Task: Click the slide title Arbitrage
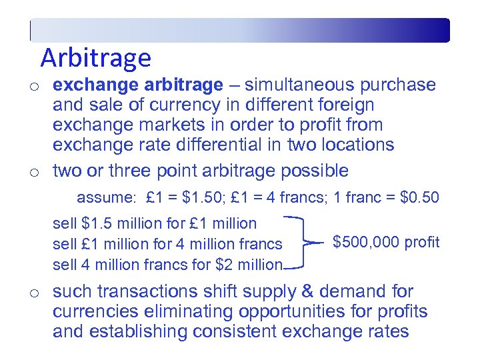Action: (x=95, y=58)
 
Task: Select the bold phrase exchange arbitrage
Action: (x=138, y=85)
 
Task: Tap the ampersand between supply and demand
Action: (x=291, y=292)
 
